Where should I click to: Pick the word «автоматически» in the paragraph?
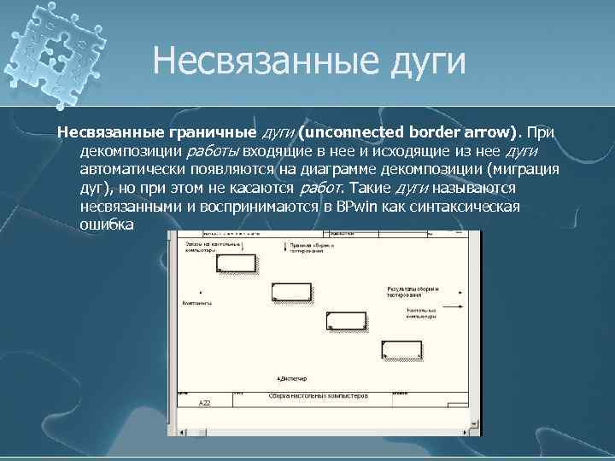click(x=131, y=169)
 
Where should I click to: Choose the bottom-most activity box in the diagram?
click(x=400, y=348)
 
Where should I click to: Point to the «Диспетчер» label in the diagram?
click(x=291, y=377)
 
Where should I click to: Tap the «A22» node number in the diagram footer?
click(x=204, y=401)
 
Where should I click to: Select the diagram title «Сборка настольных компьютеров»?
click(x=317, y=396)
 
